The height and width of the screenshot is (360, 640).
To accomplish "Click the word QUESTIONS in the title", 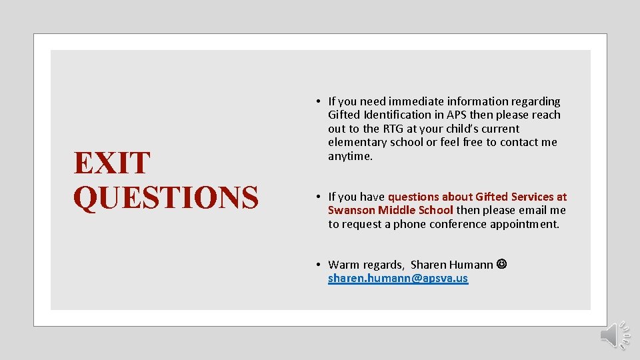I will point(166,197).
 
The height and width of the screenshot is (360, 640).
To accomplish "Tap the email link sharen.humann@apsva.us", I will point(398,279).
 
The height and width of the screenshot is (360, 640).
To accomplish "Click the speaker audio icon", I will point(613,335).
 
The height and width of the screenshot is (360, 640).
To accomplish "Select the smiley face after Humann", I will point(501,265).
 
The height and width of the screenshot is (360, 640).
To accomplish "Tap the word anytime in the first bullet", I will point(350,156).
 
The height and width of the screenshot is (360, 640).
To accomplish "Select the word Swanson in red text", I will point(351,210).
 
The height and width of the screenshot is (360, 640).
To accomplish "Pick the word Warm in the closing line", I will point(343,265).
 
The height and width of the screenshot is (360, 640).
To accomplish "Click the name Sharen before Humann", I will point(429,265).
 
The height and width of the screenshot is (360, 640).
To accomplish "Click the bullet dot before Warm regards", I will point(320,265).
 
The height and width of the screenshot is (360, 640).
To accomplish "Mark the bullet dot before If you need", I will point(320,101).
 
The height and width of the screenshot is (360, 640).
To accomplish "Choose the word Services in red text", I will point(533,197).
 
